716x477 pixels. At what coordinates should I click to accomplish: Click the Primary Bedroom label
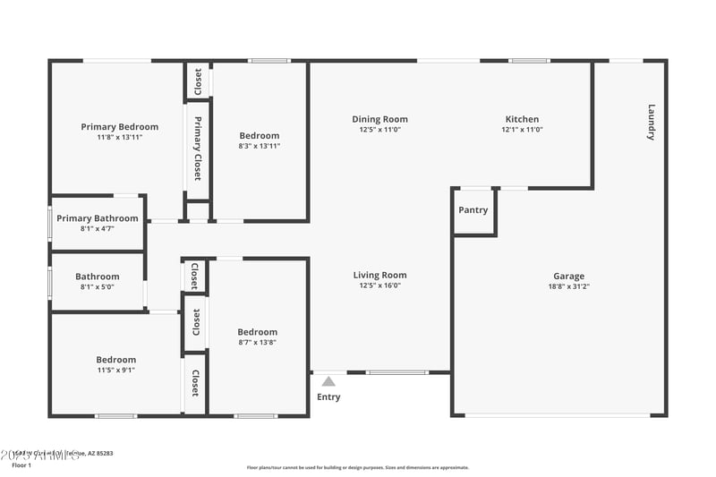[x=119, y=127]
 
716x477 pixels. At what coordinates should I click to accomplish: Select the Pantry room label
[x=473, y=210]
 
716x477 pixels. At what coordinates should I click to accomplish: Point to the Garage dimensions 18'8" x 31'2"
[x=568, y=286]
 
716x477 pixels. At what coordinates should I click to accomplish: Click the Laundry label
[x=652, y=123]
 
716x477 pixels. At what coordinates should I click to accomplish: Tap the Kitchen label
[x=522, y=119]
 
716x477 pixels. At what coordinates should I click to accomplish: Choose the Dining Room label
[x=379, y=119]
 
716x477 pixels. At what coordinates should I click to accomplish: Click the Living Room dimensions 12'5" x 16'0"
[x=379, y=285]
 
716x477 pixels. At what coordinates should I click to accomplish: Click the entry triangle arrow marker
[x=328, y=381]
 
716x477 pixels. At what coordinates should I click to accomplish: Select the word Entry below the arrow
[x=328, y=397]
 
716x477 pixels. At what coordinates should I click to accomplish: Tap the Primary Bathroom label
[x=98, y=218]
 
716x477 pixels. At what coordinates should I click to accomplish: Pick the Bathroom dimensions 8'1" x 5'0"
[x=97, y=287]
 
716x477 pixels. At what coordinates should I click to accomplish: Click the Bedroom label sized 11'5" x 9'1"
[x=116, y=360]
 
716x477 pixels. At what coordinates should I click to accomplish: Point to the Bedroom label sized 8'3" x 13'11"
[x=260, y=135]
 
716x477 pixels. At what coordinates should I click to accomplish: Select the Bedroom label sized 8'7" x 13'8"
[x=257, y=332]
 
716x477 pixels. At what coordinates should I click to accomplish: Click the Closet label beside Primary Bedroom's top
[x=198, y=81]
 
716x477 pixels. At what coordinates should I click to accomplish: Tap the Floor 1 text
[x=21, y=465]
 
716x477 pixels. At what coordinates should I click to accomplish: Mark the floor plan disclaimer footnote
[x=358, y=467]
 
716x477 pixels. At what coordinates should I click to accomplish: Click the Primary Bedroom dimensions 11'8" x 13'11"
[x=119, y=137]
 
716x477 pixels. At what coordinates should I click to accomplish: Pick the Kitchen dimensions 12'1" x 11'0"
[x=522, y=130]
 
